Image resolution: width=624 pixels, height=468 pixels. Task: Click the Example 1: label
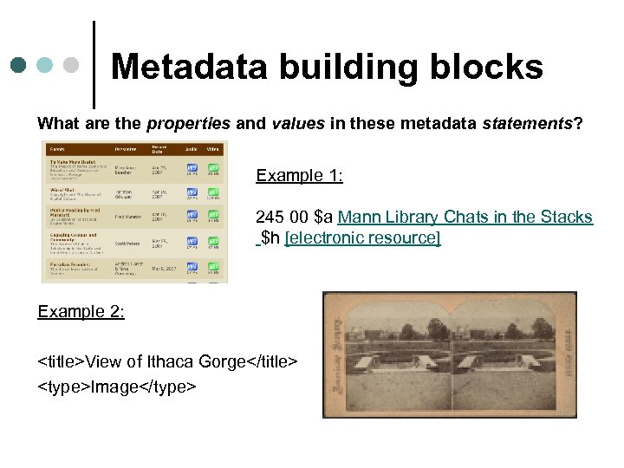[299, 176]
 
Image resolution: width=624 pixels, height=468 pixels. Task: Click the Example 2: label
[81, 312]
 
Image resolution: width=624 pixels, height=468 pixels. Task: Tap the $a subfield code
[324, 218]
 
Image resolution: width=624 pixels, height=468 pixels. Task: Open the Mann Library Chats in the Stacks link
[465, 218]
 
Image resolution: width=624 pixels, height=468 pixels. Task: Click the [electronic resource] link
[362, 237]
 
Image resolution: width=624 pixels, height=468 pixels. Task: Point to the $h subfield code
[270, 237]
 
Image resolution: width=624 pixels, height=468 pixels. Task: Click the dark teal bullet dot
[19, 65]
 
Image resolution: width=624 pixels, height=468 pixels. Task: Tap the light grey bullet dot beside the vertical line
[73, 65]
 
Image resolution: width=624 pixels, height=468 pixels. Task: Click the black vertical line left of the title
[94, 65]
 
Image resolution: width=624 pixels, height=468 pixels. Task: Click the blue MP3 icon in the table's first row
[192, 169]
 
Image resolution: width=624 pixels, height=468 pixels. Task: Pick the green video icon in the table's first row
[213, 169]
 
